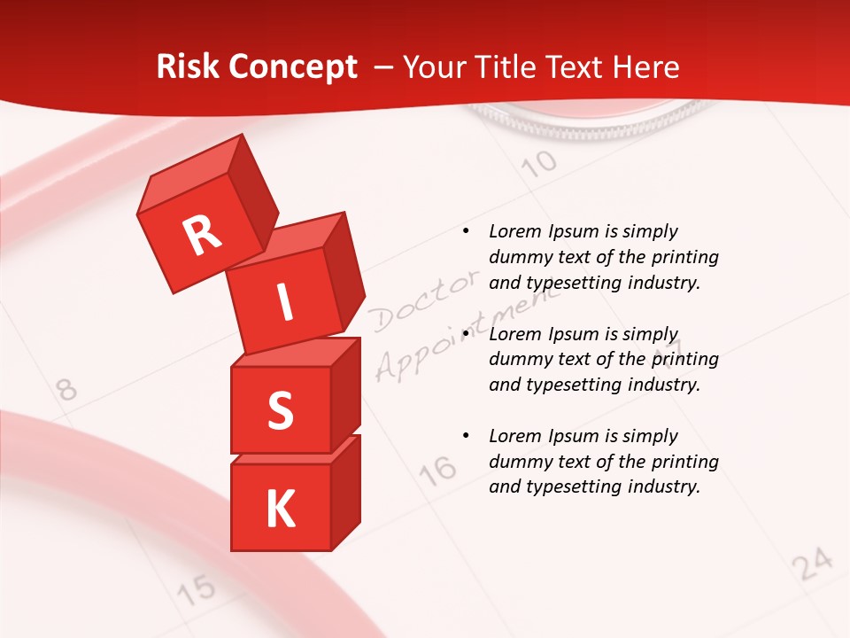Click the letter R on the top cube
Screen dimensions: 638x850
pos(202,235)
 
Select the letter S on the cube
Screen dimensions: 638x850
pos(280,410)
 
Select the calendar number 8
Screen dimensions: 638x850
pos(66,389)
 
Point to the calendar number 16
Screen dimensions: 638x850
pos(438,471)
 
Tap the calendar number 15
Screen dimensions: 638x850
pos(197,588)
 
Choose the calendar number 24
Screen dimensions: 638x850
pos(813,564)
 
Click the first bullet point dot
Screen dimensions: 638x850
pos(466,232)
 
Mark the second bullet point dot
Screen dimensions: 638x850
pos(466,334)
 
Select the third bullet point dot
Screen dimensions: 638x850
pos(466,436)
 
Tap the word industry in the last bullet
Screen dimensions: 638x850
pos(665,486)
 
